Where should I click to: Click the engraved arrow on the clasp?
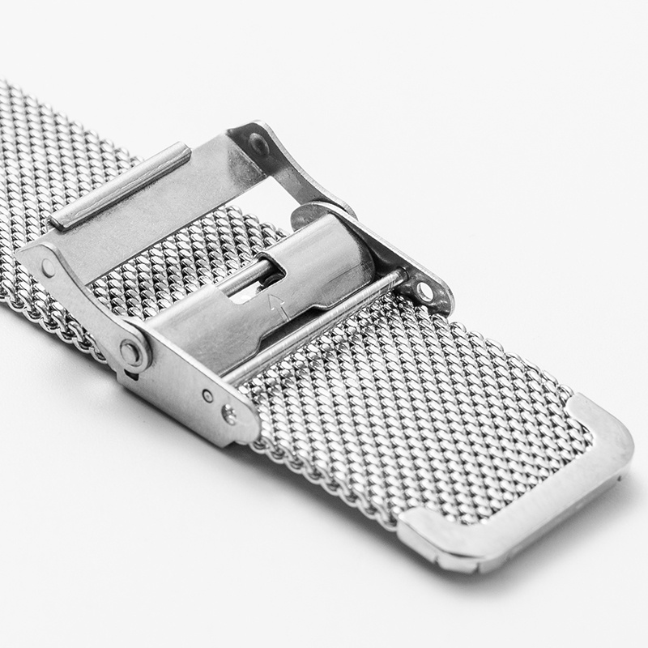pos(278,305)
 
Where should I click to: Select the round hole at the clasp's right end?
pos(424,290)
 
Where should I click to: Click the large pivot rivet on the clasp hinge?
pos(130,352)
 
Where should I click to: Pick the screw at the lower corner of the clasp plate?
pos(229,416)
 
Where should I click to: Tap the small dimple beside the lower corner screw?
pos(208,396)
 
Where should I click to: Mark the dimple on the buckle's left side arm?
pos(49,266)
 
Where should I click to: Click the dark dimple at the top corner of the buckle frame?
pos(258,144)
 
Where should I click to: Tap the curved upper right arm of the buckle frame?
pos(324,182)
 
